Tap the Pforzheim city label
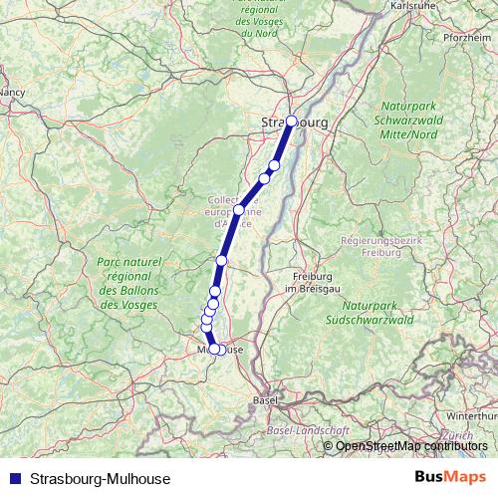pos(467,37)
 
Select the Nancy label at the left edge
pos(12,92)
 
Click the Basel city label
pos(266,399)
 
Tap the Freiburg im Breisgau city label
pos(309,282)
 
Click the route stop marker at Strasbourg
pos(292,122)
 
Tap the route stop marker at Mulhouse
pos(214,349)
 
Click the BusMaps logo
pos(451,477)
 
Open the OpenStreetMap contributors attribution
pos(412,446)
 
